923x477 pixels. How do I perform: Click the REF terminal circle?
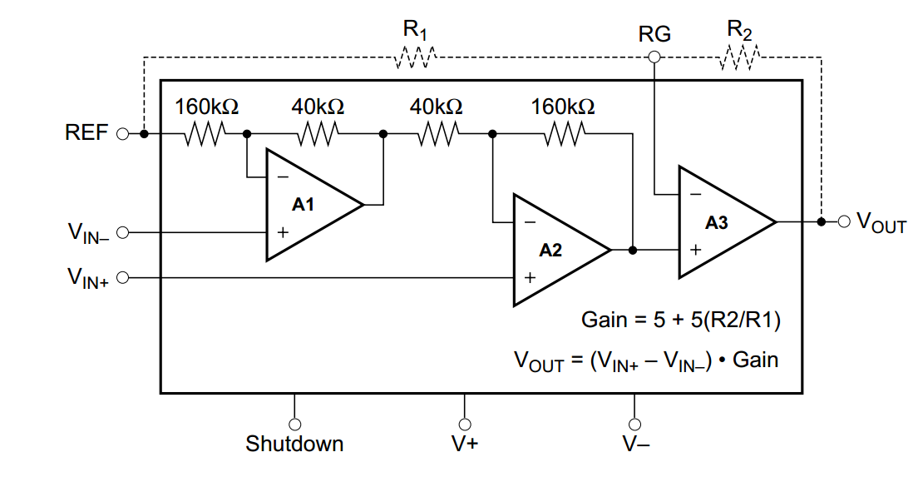(x=123, y=133)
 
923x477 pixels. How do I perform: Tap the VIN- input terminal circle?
(x=123, y=232)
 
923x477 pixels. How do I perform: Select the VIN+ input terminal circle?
(x=123, y=277)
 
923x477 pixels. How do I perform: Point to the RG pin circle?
(x=654, y=57)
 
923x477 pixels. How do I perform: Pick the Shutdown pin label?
(x=294, y=445)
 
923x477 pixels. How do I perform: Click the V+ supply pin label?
(x=465, y=445)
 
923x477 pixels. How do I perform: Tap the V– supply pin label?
(x=636, y=445)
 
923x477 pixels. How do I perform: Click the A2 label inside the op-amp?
(x=550, y=250)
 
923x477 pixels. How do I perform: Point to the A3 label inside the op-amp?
(x=716, y=222)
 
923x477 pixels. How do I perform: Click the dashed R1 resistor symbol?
(x=415, y=57)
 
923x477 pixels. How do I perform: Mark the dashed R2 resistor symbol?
(x=739, y=57)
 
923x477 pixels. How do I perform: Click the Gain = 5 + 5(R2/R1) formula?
(x=679, y=320)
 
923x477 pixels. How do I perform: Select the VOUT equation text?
(x=646, y=361)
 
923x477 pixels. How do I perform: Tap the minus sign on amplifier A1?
(x=283, y=177)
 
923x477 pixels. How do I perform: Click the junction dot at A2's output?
(x=634, y=250)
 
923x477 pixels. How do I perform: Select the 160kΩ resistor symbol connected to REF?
(x=205, y=133)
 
